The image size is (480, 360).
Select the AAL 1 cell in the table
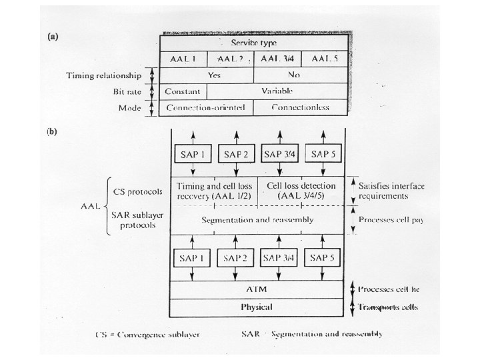(x=183, y=59)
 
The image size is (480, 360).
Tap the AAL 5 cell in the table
(x=327, y=59)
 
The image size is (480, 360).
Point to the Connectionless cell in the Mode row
(x=300, y=107)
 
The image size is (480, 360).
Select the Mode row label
(x=130, y=107)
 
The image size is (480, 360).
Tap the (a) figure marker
(x=52, y=37)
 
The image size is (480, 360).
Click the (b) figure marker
(x=52, y=131)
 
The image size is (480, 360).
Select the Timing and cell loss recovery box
(x=213, y=191)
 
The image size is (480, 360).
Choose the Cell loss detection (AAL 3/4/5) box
(x=301, y=191)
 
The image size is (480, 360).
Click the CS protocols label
(x=138, y=191)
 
